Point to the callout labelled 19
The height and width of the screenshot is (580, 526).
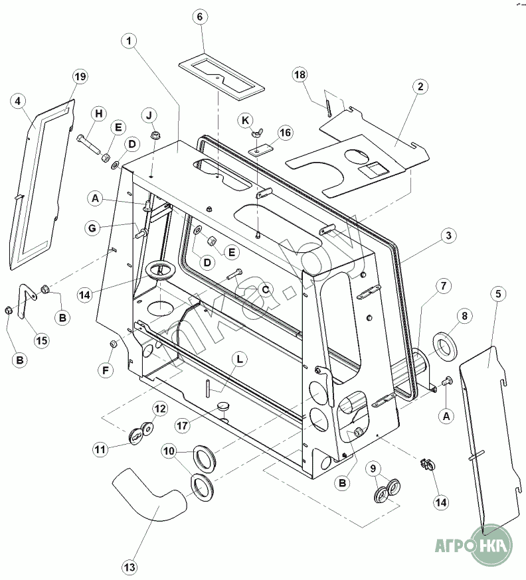(79, 77)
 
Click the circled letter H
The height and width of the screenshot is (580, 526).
(98, 113)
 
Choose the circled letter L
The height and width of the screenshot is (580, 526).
(240, 358)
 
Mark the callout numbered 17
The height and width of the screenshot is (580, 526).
(185, 423)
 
